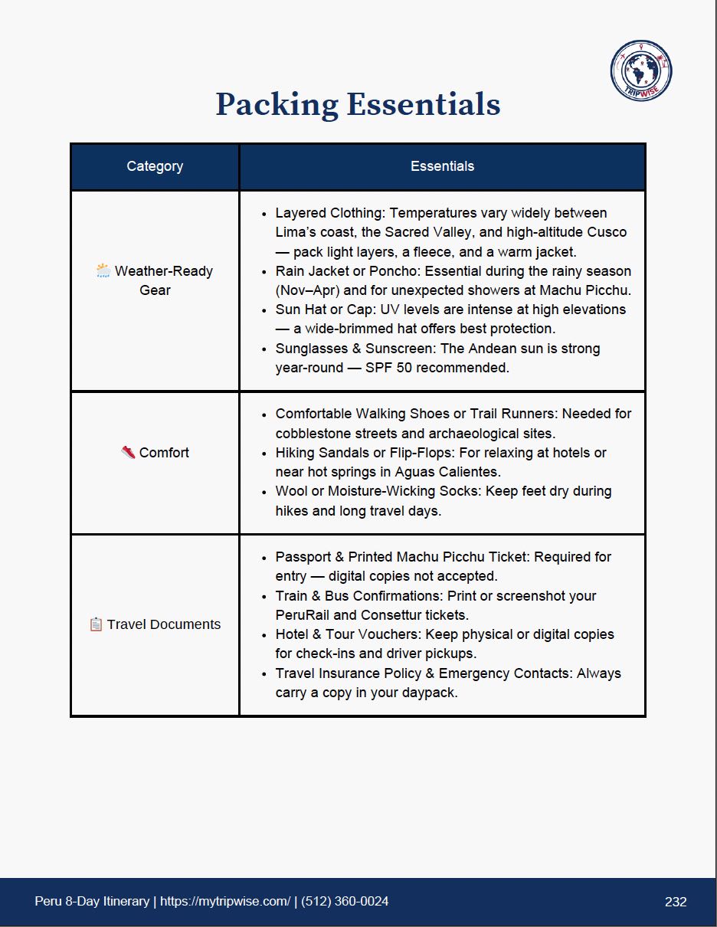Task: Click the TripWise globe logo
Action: point(640,70)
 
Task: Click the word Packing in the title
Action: point(277,104)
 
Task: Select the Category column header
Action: point(155,166)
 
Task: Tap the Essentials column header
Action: point(442,166)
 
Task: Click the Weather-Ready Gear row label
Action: point(162,280)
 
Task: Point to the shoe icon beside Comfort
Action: point(128,452)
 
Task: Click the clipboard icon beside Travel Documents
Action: point(96,624)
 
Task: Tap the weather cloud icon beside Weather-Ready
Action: point(103,270)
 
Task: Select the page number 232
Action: point(676,902)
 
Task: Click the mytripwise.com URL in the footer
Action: point(225,902)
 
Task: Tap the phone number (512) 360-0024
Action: point(345,902)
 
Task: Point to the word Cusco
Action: point(607,232)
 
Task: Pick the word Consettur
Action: point(390,615)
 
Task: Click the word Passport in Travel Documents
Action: point(303,557)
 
